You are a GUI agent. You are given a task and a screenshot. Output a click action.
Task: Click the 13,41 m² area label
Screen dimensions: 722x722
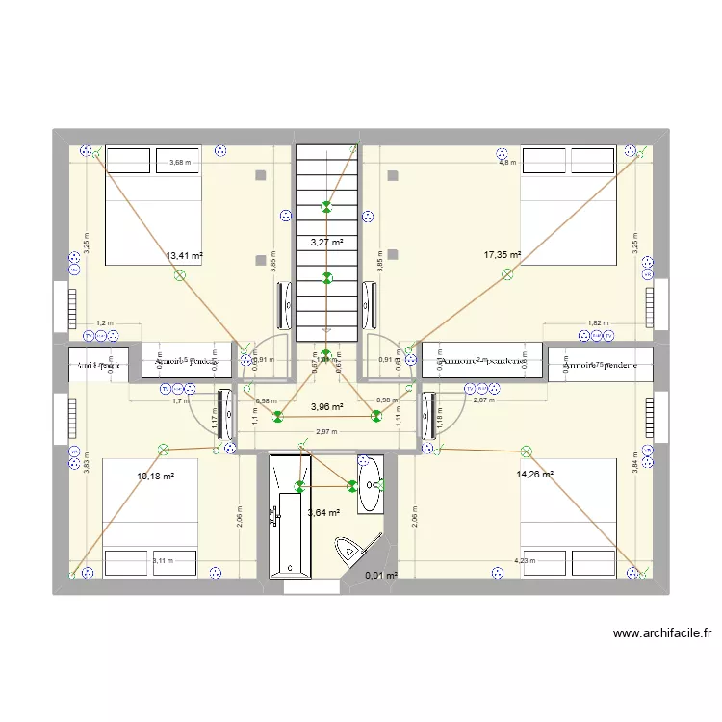184,256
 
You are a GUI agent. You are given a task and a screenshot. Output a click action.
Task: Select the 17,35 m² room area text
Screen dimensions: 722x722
502,255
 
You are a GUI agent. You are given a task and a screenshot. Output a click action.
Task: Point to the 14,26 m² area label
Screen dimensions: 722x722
534,474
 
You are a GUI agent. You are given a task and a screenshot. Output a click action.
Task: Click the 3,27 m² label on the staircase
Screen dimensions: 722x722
325,243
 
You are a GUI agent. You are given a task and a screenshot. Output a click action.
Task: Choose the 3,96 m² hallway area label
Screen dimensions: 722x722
326,407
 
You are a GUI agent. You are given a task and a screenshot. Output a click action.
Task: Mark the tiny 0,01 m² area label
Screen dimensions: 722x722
381,576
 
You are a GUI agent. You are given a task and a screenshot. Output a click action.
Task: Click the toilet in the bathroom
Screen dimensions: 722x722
349,553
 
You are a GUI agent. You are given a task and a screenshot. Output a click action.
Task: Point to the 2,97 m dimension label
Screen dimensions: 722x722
326,432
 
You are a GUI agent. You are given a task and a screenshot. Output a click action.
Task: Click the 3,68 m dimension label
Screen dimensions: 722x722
179,163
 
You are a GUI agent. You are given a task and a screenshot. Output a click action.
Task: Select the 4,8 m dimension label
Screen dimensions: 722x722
506,163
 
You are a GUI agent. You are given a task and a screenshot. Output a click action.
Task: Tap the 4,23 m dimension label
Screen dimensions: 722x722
525,561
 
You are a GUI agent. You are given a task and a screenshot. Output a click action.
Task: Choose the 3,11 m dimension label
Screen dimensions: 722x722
163,561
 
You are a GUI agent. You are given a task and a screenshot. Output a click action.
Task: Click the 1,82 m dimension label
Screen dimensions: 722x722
597,323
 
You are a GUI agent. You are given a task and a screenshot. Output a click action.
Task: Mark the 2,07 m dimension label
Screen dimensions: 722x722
483,400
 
